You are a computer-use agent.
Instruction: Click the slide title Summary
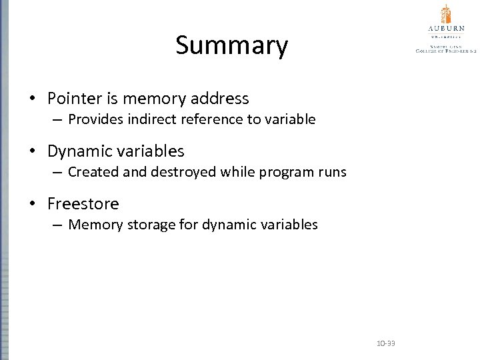click(231, 46)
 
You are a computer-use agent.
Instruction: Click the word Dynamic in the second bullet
click(78, 151)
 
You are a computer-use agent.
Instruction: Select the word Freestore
click(83, 203)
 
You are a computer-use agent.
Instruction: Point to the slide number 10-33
click(385, 343)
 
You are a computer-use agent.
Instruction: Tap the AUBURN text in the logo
click(446, 29)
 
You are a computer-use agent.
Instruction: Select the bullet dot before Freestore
click(33, 204)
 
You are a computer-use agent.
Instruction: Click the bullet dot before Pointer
click(33, 99)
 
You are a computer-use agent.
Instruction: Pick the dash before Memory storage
click(58, 225)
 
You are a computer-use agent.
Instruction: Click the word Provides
click(94, 119)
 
